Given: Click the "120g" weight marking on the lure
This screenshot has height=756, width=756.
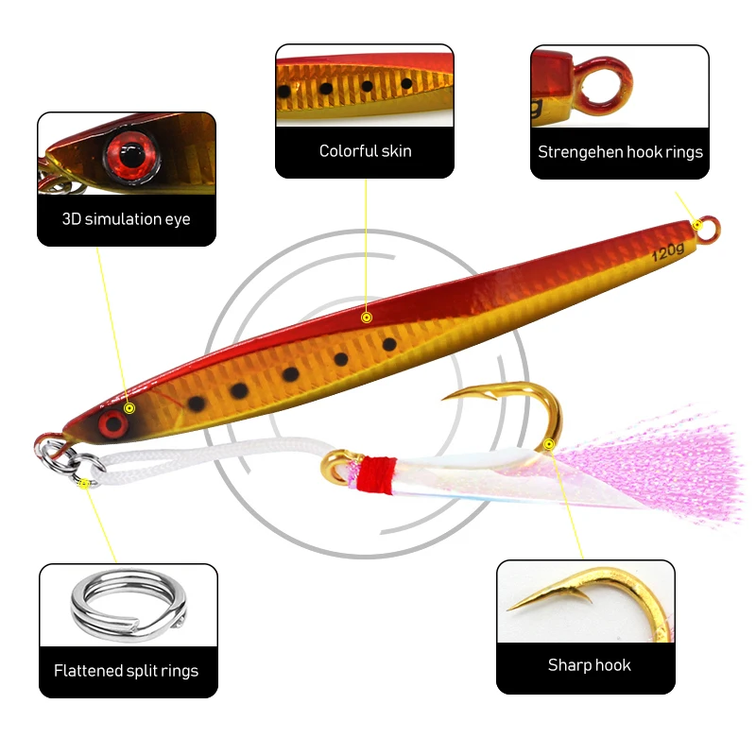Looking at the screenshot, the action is pyautogui.click(x=668, y=251).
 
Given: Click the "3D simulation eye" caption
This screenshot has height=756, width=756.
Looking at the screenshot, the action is pyautogui.click(x=126, y=219).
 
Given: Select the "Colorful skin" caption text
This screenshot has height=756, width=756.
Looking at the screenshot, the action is pyautogui.click(x=365, y=151).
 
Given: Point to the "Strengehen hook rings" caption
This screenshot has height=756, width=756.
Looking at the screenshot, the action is pyautogui.click(x=620, y=151).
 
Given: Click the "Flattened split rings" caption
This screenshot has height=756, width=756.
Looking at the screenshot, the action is pyautogui.click(x=126, y=671).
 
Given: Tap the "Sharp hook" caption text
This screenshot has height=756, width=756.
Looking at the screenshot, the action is pyautogui.click(x=589, y=665).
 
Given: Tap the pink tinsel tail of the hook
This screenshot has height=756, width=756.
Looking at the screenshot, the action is pyautogui.click(x=661, y=463).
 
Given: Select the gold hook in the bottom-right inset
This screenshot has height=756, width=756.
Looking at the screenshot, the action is pyautogui.click(x=605, y=599).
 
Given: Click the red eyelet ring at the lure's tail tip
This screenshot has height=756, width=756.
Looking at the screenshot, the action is pyautogui.click(x=707, y=225).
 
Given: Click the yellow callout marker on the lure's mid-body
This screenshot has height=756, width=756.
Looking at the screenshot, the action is pyautogui.click(x=367, y=317).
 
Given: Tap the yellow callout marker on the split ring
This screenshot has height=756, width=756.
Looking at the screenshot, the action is pyautogui.click(x=86, y=483).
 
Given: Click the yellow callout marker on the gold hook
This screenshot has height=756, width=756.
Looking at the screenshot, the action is pyautogui.click(x=548, y=442).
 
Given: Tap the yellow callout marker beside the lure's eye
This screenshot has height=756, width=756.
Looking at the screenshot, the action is pyautogui.click(x=130, y=408).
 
